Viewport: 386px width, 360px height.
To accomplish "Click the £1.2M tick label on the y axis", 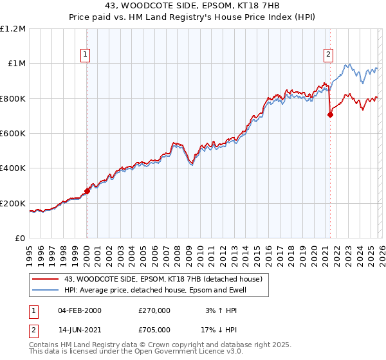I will coord(13,28).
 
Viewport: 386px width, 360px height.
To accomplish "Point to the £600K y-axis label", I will coord(13,134).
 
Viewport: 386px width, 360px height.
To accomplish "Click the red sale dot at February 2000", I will coord(87,191).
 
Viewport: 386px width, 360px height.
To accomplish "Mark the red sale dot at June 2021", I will coord(330,115).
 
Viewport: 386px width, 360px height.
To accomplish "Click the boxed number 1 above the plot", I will coord(86,55).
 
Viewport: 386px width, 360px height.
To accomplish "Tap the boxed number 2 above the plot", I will coord(328,55).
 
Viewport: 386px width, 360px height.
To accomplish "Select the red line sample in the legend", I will coord(46,280).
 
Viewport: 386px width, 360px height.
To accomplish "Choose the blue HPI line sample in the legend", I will coord(46,291).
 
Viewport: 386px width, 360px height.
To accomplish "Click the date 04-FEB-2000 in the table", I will coord(80,310).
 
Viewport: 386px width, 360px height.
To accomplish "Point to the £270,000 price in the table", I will coord(154,310).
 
